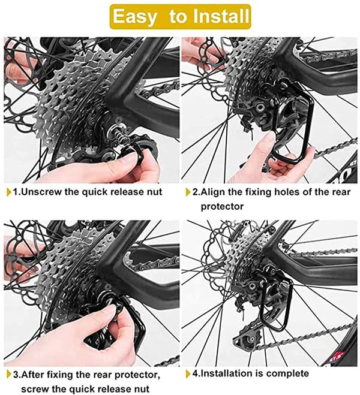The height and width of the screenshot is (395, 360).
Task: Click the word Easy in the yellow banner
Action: click(134, 17)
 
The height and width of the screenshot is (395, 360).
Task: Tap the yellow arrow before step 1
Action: click(9, 192)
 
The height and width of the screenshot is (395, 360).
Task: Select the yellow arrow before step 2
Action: click(188, 192)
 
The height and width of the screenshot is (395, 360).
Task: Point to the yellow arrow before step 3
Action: click(9, 375)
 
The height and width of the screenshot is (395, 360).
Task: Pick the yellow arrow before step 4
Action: click(188, 374)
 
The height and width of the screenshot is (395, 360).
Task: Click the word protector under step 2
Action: click(222, 207)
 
